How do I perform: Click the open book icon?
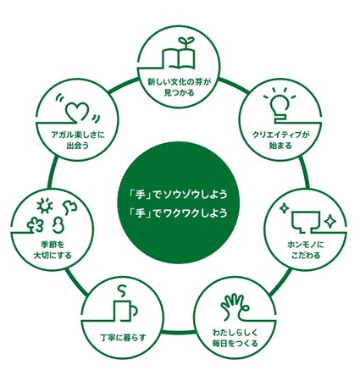click(x=178, y=58)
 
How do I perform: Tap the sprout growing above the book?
click(x=186, y=41)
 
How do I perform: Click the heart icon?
click(x=78, y=113)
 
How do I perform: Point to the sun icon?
click(x=45, y=206)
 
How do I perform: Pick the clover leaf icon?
click(x=36, y=225)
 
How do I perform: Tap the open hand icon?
click(x=234, y=307)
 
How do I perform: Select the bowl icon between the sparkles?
click(x=306, y=222)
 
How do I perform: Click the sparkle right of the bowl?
click(x=330, y=222)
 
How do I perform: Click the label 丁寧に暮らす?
click(x=123, y=338)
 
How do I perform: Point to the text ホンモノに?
click(x=306, y=245)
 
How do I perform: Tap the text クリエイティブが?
click(x=280, y=135)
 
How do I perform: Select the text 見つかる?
click(x=180, y=92)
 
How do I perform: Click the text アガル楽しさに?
click(x=78, y=135)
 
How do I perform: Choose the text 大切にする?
click(x=53, y=256)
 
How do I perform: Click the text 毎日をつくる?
click(x=235, y=344)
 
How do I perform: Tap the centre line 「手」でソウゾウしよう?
click(x=178, y=195)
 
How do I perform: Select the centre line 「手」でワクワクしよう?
click(x=178, y=213)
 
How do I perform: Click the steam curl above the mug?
click(x=121, y=292)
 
